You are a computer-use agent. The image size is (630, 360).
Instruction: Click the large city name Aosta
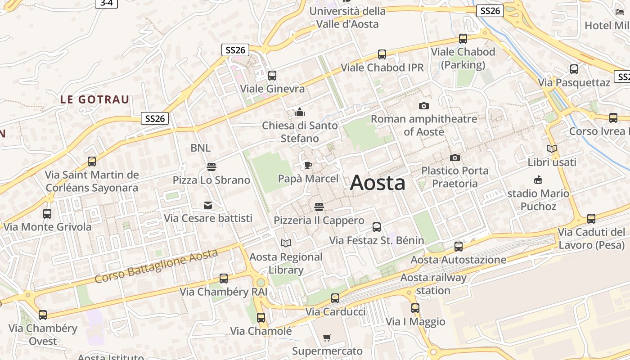click(x=378, y=183)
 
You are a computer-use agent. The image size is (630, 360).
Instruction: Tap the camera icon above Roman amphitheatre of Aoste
click(x=423, y=106)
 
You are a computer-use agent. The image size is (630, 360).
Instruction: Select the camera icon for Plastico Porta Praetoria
click(x=455, y=157)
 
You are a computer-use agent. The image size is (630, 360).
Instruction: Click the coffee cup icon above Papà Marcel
click(x=308, y=166)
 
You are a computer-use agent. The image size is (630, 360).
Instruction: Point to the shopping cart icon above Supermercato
click(x=327, y=337)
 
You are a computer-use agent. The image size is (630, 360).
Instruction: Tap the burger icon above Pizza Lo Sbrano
click(x=211, y=167)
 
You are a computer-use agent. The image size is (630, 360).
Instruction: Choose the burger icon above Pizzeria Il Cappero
click(x=319, y=207)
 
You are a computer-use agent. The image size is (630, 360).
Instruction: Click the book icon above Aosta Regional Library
click(x=285, y=243)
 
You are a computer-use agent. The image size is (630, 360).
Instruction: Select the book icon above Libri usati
click(x=551, y=148)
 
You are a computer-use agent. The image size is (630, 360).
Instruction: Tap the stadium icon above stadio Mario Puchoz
click(x=538, y=180)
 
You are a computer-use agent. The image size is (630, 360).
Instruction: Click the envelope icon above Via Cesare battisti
click(x=207, y=205)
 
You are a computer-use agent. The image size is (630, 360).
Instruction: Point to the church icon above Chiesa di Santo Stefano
click(x=299, y=112)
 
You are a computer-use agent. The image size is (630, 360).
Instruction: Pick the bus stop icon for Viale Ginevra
click(x=272, y=76)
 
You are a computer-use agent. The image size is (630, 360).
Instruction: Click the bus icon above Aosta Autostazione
click(x=458, y=247)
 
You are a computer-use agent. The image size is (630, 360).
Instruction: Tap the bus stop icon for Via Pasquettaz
click(x=574, y=69)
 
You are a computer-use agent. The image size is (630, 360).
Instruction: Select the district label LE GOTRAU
click(x=94, y=99)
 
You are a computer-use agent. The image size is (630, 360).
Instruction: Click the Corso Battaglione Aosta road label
click(x=156, y=266)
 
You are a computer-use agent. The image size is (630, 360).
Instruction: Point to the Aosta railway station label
click(x=433, y=284)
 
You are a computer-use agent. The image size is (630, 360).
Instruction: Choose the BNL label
click(x=200, y=148)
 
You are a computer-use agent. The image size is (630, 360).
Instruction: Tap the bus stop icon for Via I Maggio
click(x=415, y=308)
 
